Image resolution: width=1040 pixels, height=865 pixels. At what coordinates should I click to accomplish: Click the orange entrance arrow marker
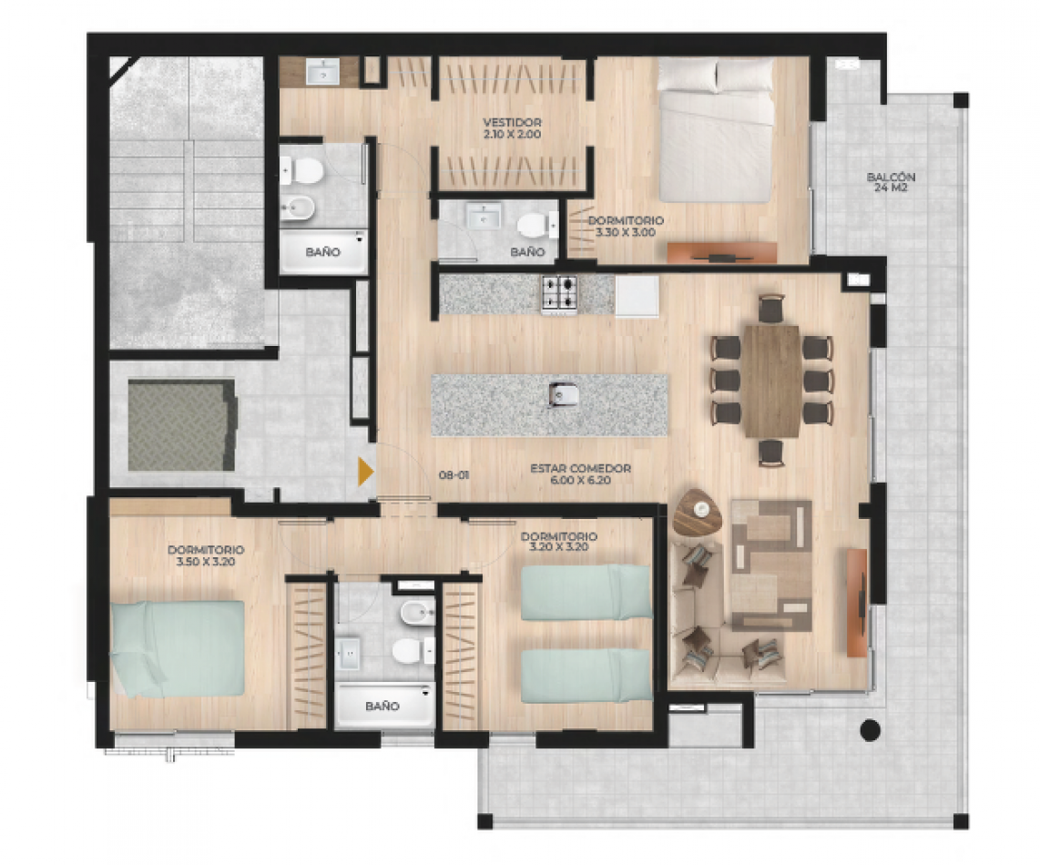click(365, 472)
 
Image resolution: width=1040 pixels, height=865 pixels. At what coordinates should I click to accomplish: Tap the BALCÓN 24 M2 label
click(891, 182)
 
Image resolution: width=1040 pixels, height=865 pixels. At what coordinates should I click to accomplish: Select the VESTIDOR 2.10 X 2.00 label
click(512, 128)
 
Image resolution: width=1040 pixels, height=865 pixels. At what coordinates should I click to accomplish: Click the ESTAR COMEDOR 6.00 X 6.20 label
click(580, 474)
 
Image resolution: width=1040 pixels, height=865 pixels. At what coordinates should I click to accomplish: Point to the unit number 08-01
click(454, 475)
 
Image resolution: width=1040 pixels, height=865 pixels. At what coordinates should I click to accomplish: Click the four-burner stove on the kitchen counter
click(560, 294)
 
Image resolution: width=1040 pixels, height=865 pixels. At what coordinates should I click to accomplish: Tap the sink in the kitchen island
click(563, 395)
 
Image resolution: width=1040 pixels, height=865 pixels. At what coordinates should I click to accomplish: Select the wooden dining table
click(771, 381)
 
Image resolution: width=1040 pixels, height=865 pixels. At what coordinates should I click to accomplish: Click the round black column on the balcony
click(870, 730)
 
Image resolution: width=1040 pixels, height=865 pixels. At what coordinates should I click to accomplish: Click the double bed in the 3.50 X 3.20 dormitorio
click(177, 648)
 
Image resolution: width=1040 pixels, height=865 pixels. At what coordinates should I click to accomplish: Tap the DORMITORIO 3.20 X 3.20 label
click(558, 541)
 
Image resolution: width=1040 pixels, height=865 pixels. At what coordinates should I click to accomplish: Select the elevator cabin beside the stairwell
click(182, 425)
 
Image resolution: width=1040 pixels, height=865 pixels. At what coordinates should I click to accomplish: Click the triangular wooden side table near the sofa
click(697, 512)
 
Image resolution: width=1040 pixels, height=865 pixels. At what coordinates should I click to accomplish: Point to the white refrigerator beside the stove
click(637, 296)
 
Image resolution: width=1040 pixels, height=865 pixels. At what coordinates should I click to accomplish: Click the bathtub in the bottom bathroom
click(384, 705)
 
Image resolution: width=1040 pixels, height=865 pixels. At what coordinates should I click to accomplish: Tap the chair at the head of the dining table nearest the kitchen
click(771, 309)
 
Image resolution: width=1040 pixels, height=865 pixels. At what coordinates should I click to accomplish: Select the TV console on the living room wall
click(857, 603)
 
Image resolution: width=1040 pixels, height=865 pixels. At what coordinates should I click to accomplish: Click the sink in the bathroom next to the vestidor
click(484, 217)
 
